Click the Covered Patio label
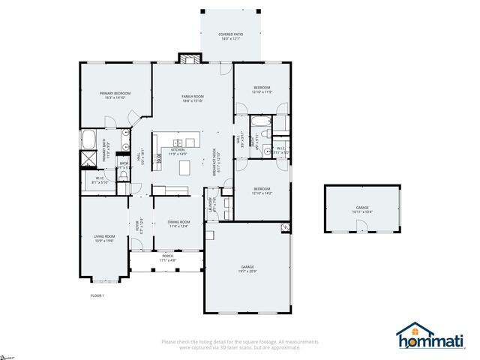point(230,36)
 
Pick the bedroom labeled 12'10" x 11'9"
point(261,89)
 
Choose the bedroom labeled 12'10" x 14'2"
point(261,190)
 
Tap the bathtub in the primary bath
point(88,139)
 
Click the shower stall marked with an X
point(88,159)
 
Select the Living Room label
point(103,238)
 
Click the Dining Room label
point(178,223)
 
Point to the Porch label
point(167,258)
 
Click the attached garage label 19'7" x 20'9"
point(247,268)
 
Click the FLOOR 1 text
point(97,295)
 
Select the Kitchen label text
point(178,151)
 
